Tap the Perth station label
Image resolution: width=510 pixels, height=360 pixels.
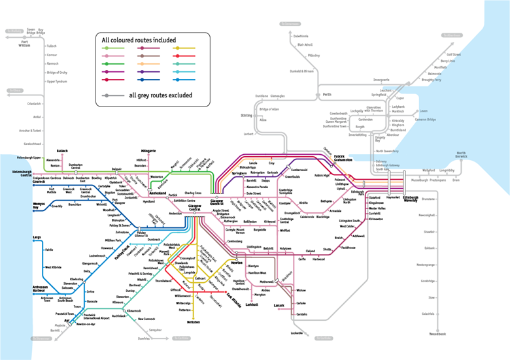[327, 95]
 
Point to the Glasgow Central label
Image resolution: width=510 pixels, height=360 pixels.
[194, 208]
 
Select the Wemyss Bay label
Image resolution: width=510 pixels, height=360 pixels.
[39, 206]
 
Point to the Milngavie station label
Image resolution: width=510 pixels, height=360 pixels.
[148, 151]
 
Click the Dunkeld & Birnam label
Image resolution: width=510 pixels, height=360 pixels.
[301, 71]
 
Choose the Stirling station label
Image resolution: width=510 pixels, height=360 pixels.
[246, 115]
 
